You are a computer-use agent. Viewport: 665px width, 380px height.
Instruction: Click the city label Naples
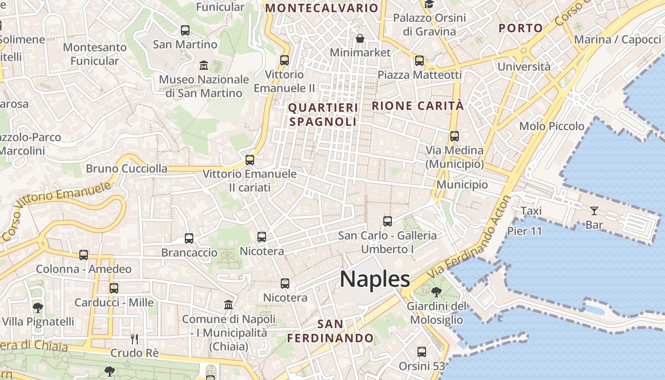375,279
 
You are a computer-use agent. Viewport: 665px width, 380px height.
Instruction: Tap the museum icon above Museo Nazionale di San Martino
204,65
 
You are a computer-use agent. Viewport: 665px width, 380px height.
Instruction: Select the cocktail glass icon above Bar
594,210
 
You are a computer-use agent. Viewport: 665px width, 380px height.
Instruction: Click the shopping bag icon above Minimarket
360,38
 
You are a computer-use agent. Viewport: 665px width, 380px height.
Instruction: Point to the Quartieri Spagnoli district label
323,114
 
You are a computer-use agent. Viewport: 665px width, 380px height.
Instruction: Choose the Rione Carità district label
418,106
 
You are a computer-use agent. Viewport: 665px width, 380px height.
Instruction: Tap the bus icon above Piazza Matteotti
419,61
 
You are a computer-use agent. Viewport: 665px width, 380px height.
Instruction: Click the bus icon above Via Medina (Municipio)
454,136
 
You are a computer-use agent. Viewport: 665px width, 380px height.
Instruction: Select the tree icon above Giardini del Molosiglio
436,292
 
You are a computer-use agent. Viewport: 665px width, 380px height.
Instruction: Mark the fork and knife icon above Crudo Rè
134,339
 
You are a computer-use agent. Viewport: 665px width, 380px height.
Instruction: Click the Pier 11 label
524,231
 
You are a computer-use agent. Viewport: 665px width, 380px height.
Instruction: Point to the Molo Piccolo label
551,126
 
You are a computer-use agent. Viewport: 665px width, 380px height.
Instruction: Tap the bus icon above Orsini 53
421,352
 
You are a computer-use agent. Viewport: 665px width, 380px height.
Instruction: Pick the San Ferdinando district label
330,331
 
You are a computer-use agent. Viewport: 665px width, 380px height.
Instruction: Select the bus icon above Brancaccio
189,238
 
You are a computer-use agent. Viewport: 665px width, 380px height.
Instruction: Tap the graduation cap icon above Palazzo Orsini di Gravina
429,5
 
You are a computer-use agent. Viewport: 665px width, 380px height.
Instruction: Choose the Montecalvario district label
322,8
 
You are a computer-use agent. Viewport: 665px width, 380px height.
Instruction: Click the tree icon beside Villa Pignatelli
38,307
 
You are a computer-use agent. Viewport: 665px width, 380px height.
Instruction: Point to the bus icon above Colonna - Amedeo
84,255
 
